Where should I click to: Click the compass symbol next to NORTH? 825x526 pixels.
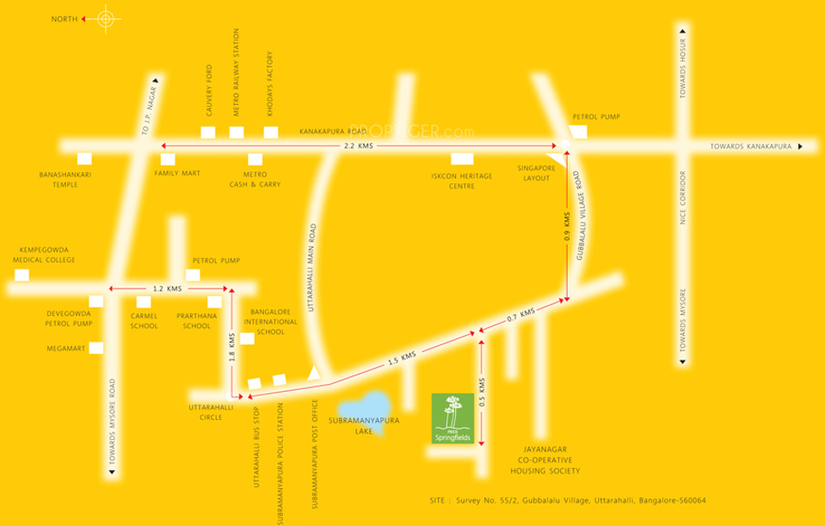click(105, 18)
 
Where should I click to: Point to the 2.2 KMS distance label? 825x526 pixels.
click(359, 146)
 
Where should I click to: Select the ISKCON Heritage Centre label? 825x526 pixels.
click(461, 180)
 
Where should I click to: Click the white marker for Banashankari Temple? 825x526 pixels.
click(84, 158)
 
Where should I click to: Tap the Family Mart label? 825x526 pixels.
click(177, 173)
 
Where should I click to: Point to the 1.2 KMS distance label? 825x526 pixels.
click(166, 288)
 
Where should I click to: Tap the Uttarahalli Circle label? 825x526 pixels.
click(206, 412)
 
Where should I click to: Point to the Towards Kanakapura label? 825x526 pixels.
click(750, 147)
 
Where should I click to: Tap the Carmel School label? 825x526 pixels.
click(144, 321)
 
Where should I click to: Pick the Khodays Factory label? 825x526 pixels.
click(269, 89)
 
